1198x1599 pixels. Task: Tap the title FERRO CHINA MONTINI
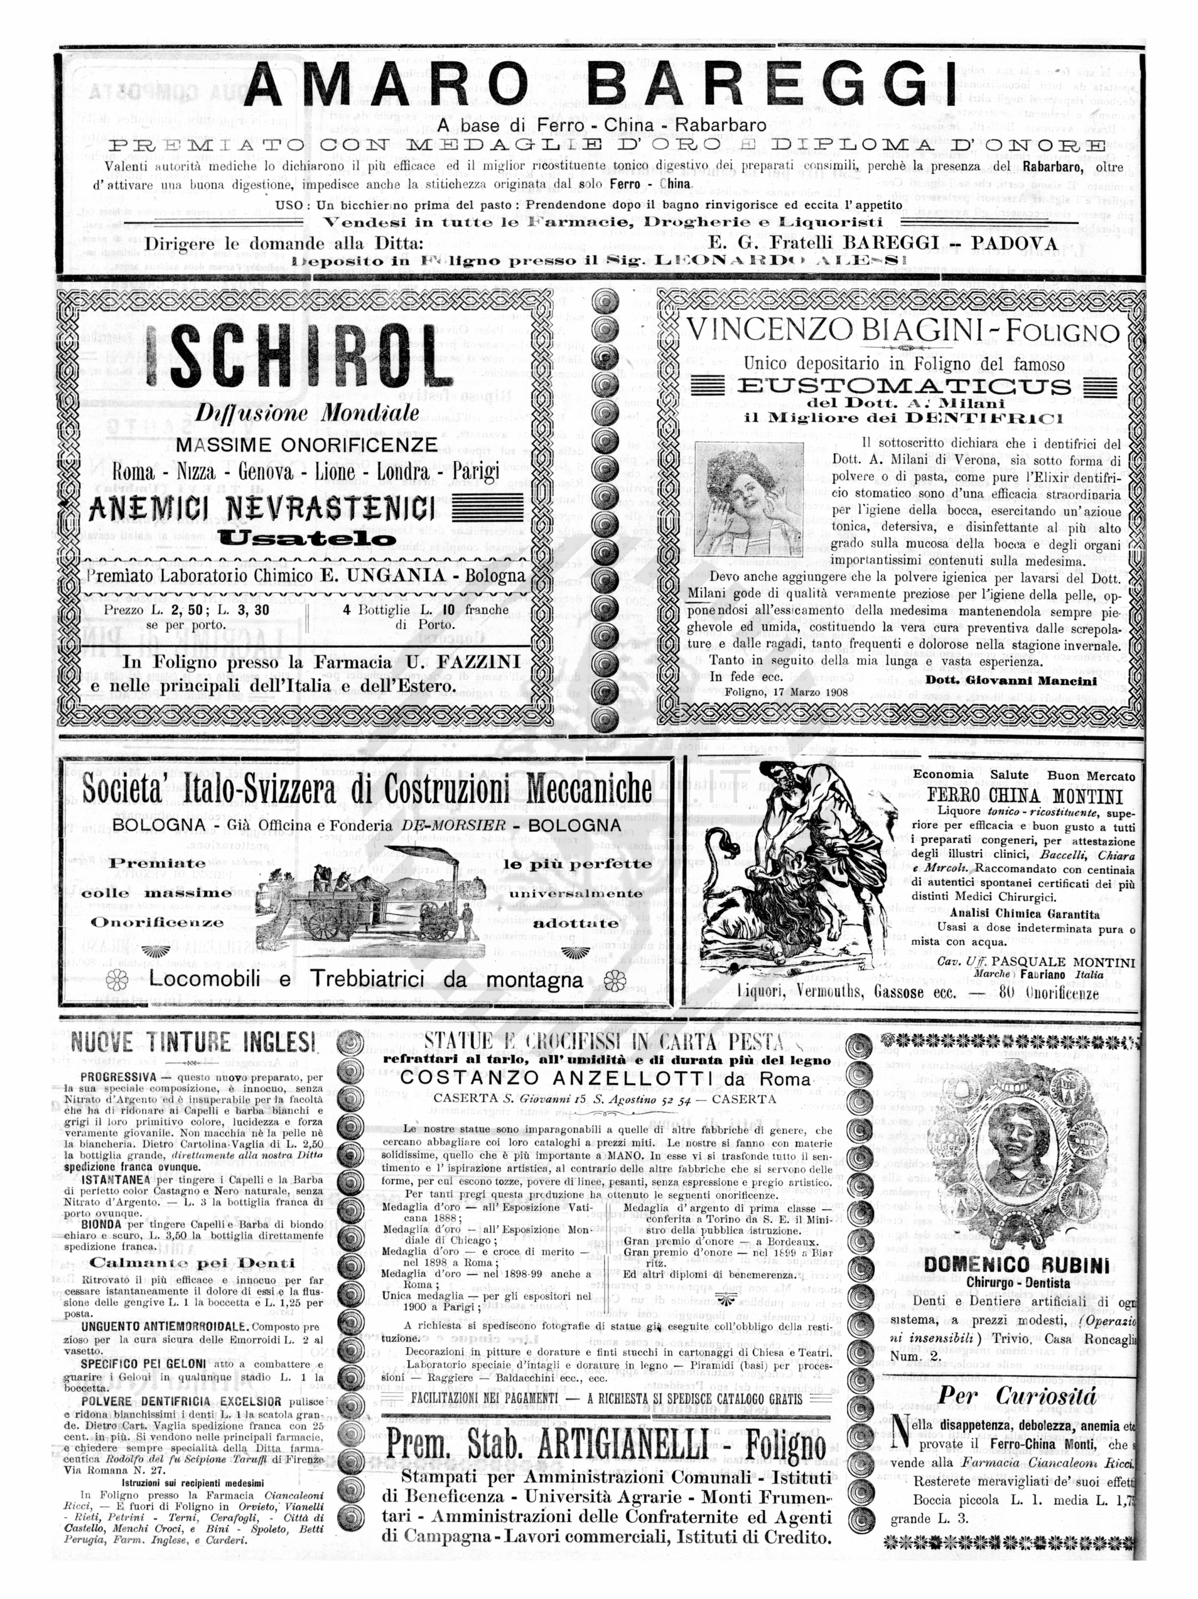pos(1025,797)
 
